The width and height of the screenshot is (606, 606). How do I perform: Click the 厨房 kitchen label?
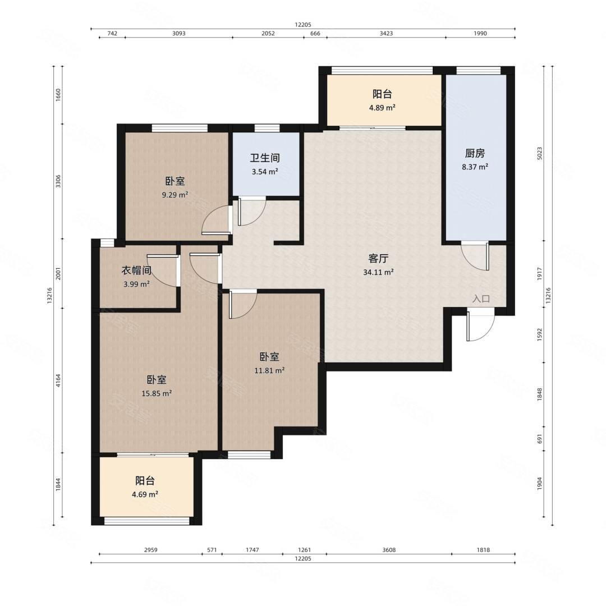tap(475, 153)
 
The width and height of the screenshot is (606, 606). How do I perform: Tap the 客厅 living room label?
tap(378, 258)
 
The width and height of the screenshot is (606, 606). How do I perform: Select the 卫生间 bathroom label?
tap(265, 158)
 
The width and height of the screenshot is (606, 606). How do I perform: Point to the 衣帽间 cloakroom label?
tap(136, 270)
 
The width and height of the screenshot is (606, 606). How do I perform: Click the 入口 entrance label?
tap(481, 299)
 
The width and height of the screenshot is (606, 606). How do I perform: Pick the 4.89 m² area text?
tap(382, 108)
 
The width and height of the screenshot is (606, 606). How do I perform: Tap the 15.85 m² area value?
tap(157, 394)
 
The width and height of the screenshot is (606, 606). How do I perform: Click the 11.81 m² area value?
tap(269, 370)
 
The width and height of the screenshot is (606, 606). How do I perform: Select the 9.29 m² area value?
tap(175, 195)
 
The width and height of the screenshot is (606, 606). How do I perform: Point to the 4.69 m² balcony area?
tap(145, 494)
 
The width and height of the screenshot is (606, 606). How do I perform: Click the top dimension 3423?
tap(386, 33)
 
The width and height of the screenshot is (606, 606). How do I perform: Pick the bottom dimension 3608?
tap(389, 549)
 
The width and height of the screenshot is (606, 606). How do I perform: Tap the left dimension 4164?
tap(58, 380)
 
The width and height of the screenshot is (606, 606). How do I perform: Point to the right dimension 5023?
tap(540, 153)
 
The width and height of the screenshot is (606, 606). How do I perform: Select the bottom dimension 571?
tap(212, 549)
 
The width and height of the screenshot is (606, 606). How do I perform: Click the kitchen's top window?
tap(478, 70)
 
